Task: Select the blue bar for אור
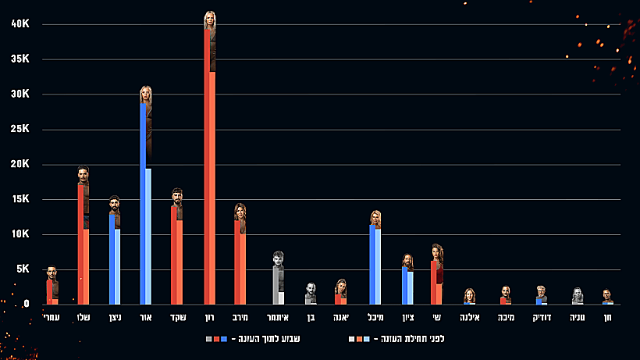(144, 203)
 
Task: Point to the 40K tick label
(20, 24)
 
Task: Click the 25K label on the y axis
(20, 130)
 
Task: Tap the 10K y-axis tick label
(20, 234)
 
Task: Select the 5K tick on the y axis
(22, 269)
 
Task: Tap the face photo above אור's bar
(146, 94)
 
